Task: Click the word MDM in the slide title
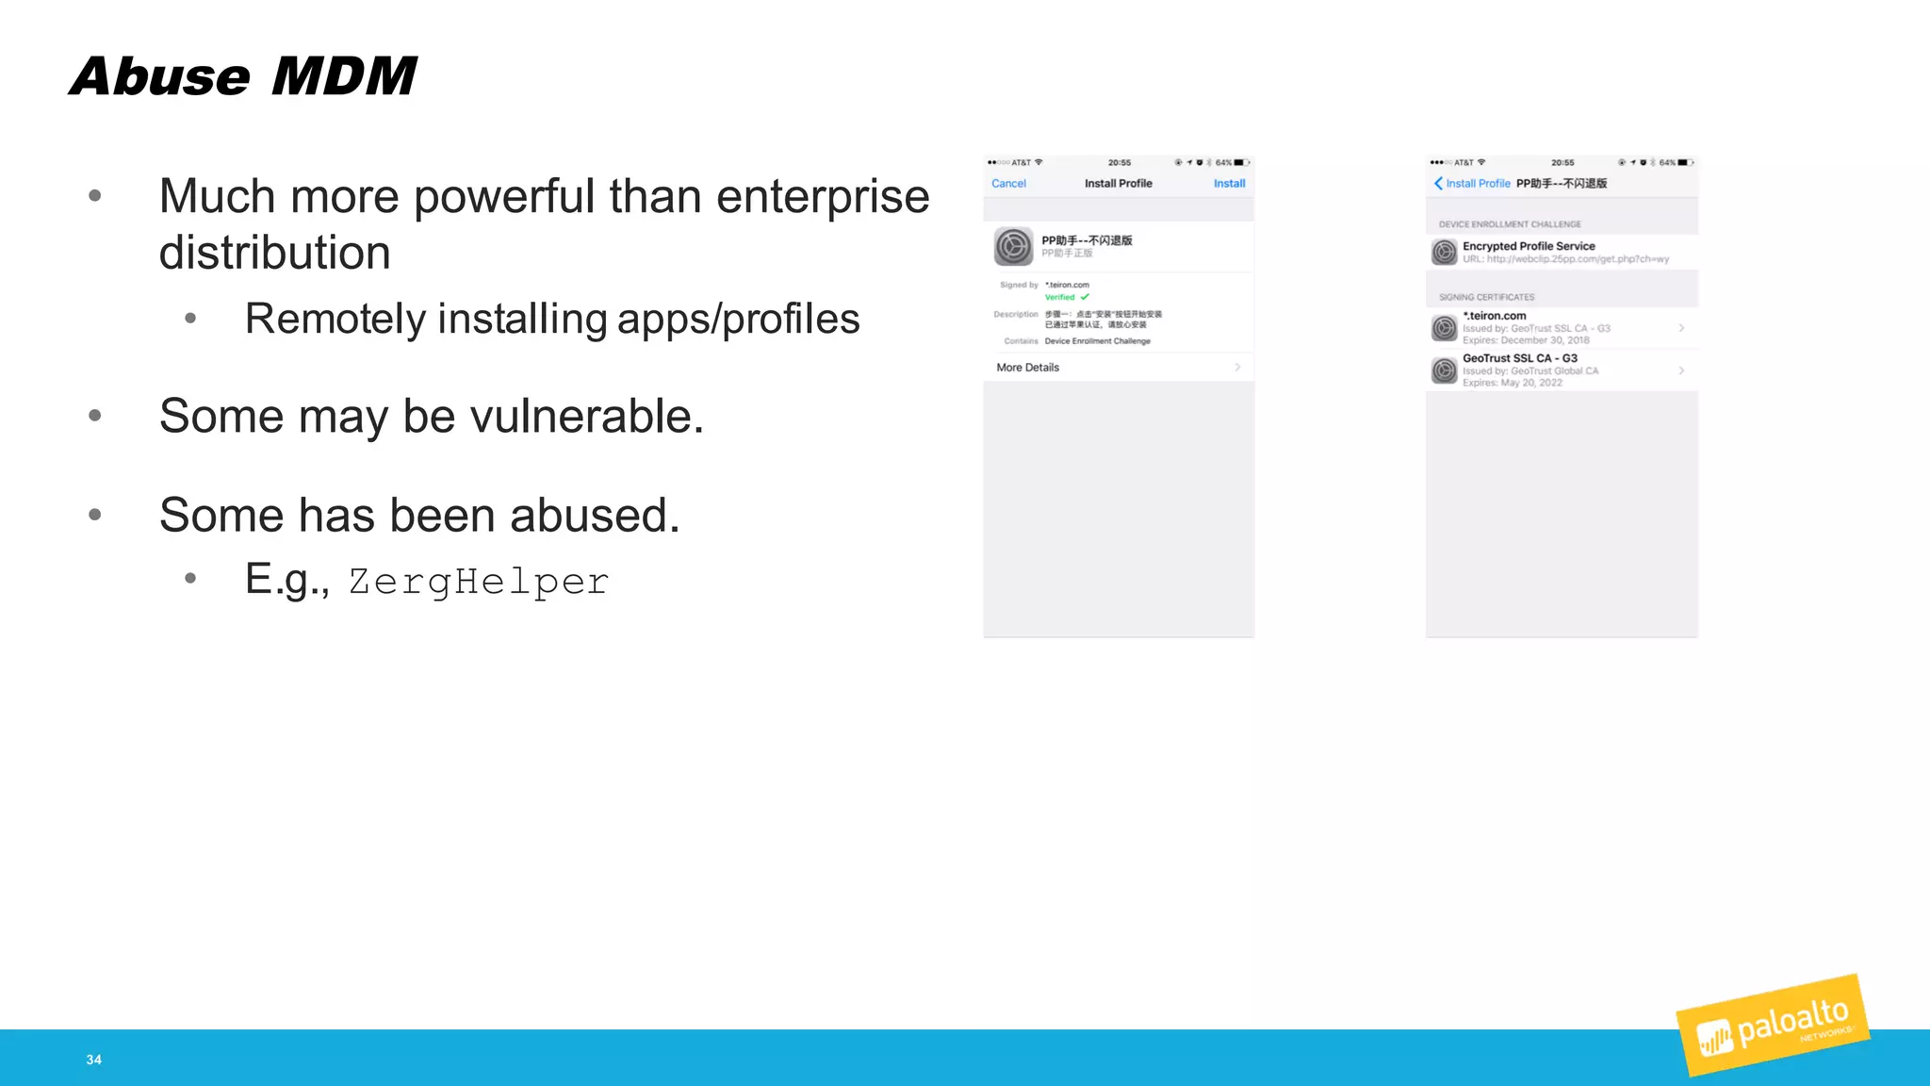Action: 344,76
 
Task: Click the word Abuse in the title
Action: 160,76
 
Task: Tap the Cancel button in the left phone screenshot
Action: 1008,184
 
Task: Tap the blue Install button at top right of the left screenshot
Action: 1229,184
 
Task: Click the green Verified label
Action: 1061,297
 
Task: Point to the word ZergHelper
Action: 479,582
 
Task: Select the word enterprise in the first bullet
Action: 823,197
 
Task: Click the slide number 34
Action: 94,1060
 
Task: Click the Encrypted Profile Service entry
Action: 1529,246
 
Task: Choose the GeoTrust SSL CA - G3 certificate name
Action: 1519,358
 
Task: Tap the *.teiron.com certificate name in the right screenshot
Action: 1494,316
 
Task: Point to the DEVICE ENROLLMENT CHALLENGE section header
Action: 1510,224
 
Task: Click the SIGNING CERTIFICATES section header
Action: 1486,297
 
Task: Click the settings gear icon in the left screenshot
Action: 1013,247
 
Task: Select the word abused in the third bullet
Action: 594,516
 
